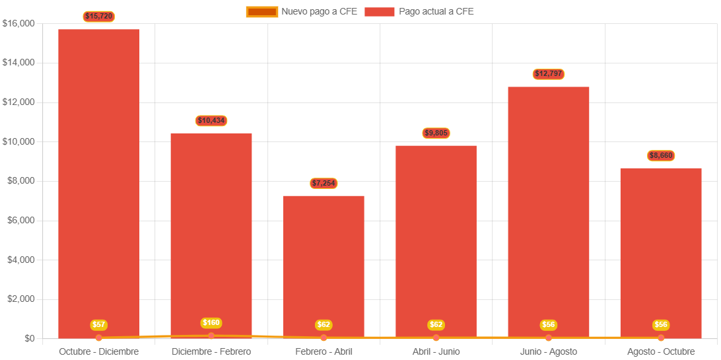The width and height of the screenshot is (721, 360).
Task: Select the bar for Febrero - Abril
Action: [324, 264]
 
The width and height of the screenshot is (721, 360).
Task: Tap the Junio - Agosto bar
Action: [548, 211]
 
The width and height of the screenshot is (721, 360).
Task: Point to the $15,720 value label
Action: [99, 16]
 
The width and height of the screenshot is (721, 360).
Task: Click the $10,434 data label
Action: [211, 121]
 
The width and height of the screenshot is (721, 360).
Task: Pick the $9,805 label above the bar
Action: [436, 133]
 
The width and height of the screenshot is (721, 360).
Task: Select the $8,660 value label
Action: [661, 156]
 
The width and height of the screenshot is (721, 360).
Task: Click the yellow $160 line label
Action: [211, 323]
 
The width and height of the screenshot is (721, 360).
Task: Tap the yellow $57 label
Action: [99, 325]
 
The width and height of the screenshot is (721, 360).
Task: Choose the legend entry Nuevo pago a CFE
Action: [302, 11]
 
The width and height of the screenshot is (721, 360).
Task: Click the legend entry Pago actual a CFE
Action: [419, 11]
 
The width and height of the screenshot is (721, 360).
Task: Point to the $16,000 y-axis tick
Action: [18, 24]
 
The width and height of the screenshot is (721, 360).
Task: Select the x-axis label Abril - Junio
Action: [436, 351]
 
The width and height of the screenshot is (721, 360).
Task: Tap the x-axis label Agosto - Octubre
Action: [661, 351]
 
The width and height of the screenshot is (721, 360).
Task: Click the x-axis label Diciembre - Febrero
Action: [211, 351]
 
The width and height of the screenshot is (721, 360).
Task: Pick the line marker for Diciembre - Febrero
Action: [211, 336]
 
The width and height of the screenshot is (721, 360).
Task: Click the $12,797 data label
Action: [548, 74]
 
